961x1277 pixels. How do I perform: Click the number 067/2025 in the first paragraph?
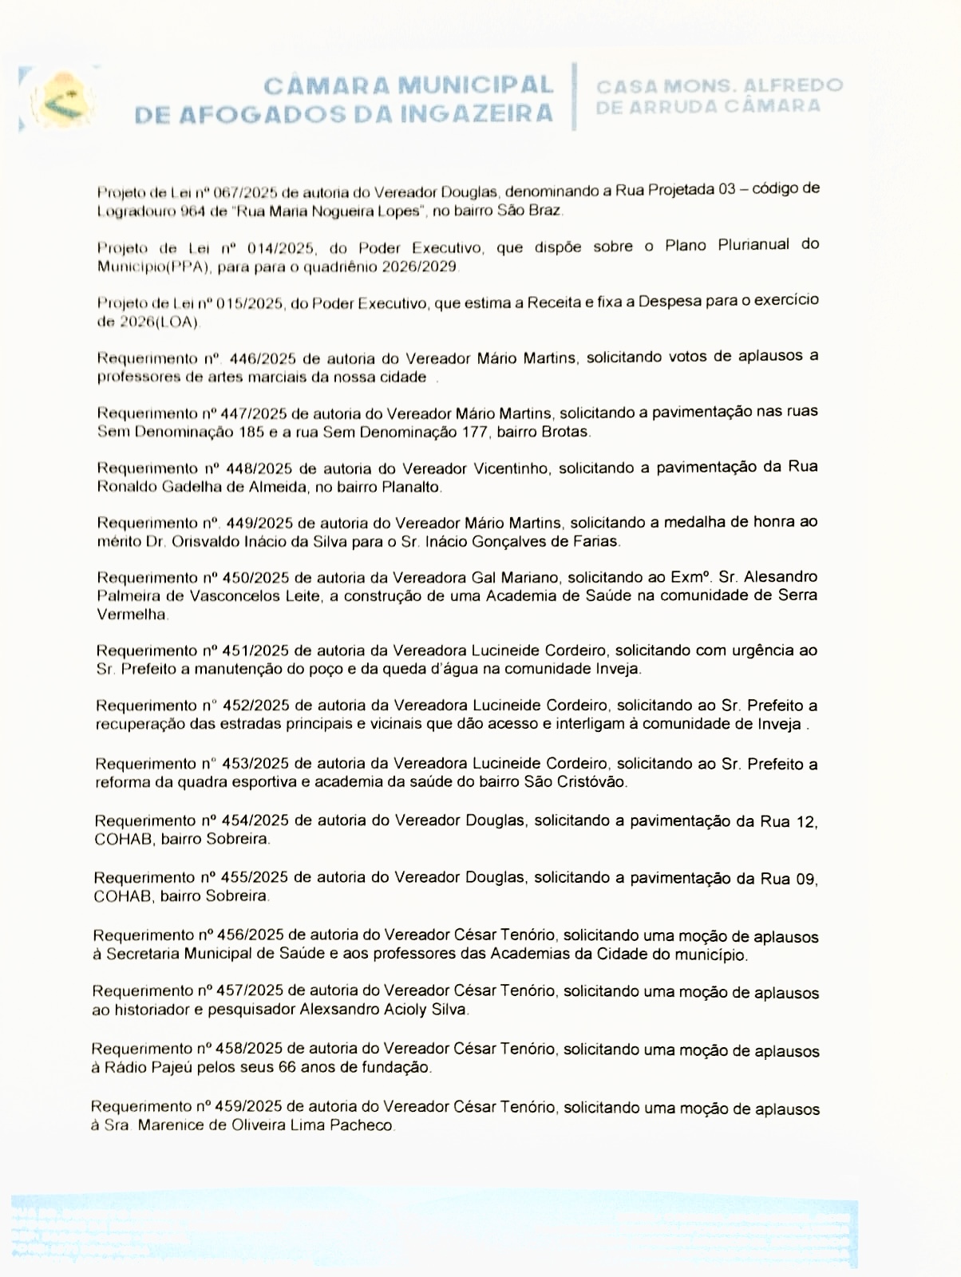[247, 193]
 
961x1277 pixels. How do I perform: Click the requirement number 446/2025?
[262, 358]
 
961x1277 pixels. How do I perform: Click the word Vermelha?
[132, 615]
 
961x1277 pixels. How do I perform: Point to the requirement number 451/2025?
[257, 650]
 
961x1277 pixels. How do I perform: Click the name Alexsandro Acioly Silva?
[384, 1010]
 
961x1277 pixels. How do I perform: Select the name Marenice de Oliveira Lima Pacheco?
[267, 1126]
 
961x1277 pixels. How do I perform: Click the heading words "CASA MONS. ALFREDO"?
[719, 85]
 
